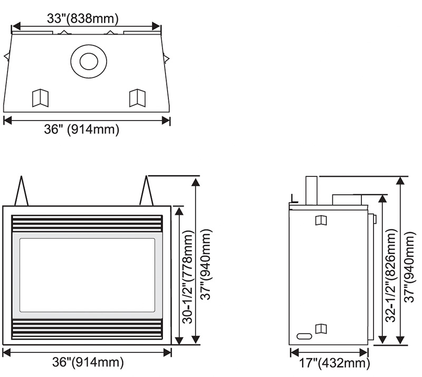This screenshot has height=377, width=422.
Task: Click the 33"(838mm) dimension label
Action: (82, 18)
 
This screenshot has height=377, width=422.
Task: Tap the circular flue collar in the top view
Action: (89, 61)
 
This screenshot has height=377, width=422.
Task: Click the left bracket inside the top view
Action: (40, 97)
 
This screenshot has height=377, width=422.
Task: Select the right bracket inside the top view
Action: (137, 97)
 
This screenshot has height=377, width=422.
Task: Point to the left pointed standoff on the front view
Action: (22, 192)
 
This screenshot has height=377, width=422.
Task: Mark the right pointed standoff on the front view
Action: (146, 192)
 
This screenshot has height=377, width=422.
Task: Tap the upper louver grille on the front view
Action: (87, 224)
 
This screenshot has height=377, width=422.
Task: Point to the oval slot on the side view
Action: (304, 335)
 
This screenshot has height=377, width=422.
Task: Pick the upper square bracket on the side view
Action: (320, 220)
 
